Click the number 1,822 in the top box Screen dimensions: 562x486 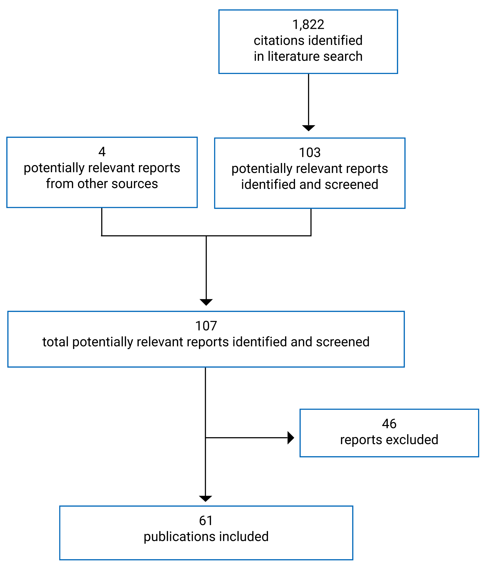(308, 25)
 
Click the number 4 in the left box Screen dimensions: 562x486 (102, 152)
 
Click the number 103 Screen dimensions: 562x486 (310, 153)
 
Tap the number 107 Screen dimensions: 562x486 (206, 326)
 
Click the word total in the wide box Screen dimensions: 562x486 (55, 342)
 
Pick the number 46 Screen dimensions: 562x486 (389, 424)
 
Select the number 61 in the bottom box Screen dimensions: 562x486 (206, 521)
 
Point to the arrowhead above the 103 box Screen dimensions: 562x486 (308, 128)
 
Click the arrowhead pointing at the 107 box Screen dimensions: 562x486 (206, 302)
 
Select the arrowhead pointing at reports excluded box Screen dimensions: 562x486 (290, 438)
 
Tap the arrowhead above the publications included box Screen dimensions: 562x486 (205, 498)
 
